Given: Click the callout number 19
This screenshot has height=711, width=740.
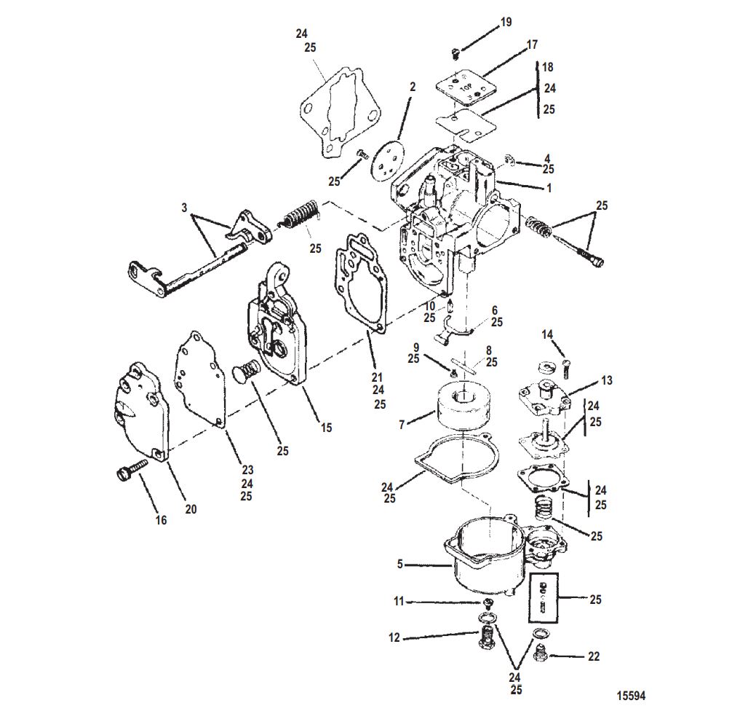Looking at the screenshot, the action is click(x=506, y=22).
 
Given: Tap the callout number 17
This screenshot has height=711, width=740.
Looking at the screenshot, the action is click(x=532, y=45).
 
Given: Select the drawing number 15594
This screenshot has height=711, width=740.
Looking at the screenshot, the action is click(x=631, y=696).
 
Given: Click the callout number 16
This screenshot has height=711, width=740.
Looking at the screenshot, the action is click(x=162, y=520).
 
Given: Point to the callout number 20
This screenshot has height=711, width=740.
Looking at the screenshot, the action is click(x=191, y=509).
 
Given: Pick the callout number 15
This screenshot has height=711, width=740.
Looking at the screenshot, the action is click(x=327, y=428).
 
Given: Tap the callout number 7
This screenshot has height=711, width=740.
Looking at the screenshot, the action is click(x=402, y=425).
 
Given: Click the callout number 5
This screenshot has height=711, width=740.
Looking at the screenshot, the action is click(x=400, y=564).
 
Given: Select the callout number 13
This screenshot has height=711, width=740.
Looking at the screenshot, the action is click(x=606, y=380).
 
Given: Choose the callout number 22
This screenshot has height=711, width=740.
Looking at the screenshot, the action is click(x=594, y=656).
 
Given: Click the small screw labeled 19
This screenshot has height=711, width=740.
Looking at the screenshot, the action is click(x=455, y=52).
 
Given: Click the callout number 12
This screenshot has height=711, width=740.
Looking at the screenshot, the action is click(x=394, y=637).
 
